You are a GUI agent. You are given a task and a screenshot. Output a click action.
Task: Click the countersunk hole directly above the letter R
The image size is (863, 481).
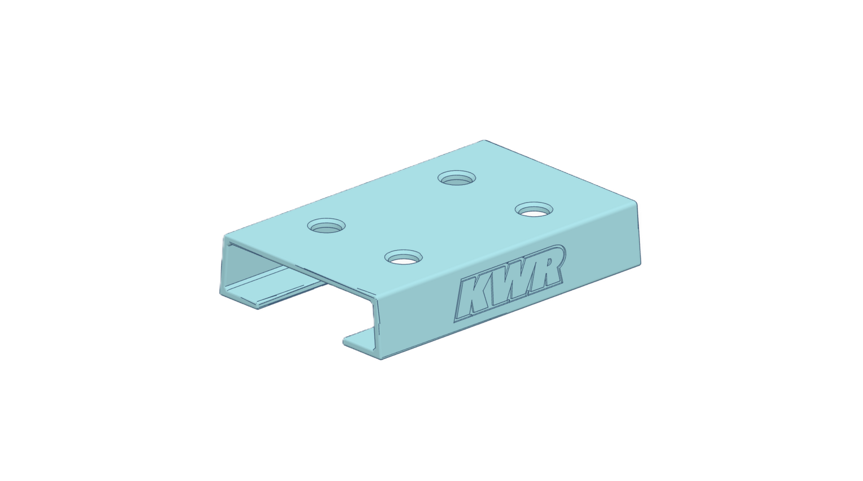tap(534, 210)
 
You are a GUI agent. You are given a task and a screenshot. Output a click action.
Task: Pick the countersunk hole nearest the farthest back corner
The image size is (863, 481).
tap(457, 178)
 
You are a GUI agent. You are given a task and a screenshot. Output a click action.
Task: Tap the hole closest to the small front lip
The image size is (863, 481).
tap(403, 258)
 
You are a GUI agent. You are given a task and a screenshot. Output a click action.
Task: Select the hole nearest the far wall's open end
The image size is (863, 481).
tap(326, 226)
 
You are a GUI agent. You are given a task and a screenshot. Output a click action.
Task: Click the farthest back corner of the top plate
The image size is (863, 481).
tap(485, 141)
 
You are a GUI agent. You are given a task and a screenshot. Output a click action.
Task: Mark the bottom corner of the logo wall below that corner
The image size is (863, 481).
tap(640, 264)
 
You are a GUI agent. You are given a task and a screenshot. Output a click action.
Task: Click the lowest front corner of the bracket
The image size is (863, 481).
tap(381, 359)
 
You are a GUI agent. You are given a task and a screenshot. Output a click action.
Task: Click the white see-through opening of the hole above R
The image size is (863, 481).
tap(534, 213)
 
